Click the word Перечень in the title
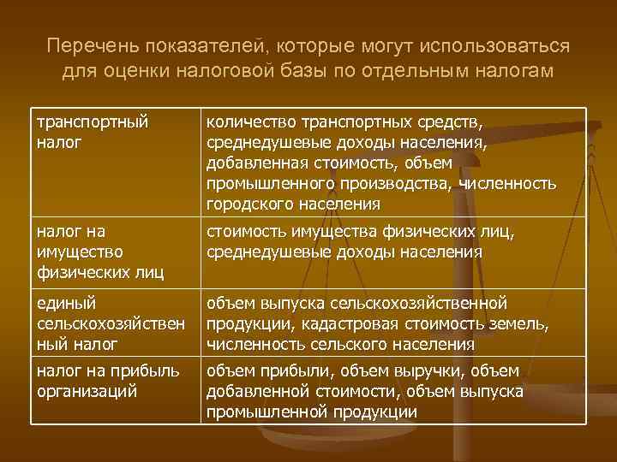point(82,44)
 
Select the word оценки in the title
point(136,70)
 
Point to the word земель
point(522,323)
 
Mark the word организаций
point(89,390)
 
